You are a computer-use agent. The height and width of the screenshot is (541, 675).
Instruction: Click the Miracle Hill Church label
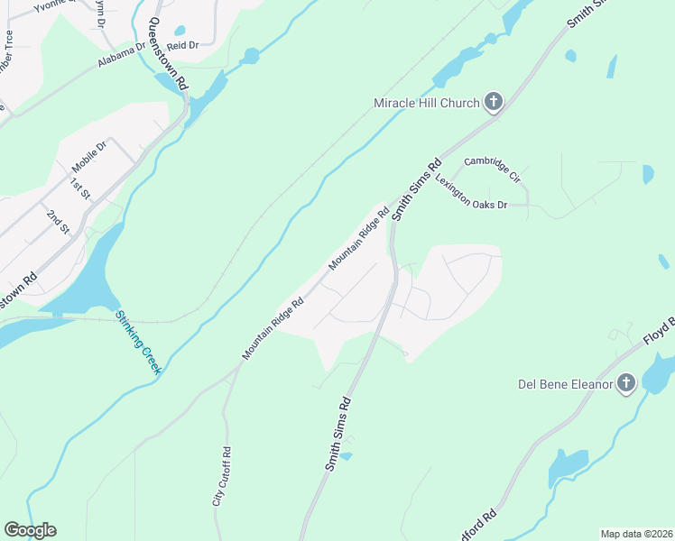point(426,103)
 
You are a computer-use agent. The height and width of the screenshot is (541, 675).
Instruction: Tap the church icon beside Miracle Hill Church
point(493,102)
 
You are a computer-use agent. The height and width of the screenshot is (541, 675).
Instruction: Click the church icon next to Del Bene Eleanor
point(626,385)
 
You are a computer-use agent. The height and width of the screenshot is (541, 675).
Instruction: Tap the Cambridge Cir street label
point(493,170)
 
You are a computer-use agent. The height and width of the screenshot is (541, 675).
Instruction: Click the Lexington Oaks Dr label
point(471,192)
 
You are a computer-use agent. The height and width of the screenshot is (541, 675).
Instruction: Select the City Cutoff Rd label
point(222,475)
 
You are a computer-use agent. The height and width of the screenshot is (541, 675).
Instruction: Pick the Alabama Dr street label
point(122,55)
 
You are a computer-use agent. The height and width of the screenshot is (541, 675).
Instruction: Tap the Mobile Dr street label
point(89,157)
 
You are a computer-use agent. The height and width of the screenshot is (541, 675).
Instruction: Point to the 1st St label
point(81,188)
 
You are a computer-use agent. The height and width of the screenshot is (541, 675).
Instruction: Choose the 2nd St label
point(59,221)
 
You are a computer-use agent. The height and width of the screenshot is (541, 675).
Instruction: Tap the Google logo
point(30,530)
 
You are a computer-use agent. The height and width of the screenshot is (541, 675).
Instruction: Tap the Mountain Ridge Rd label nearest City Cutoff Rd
point(273,328)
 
